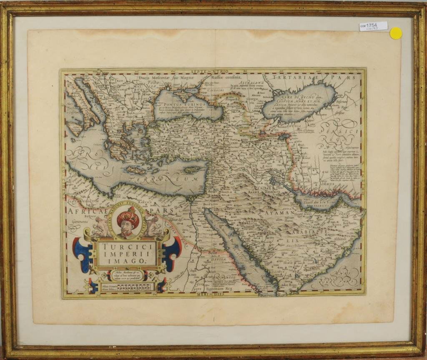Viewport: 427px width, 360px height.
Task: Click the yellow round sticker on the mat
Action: [395, 33]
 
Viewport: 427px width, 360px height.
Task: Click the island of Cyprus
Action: [192, 170]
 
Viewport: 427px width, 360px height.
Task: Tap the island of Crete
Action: [135, 170]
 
